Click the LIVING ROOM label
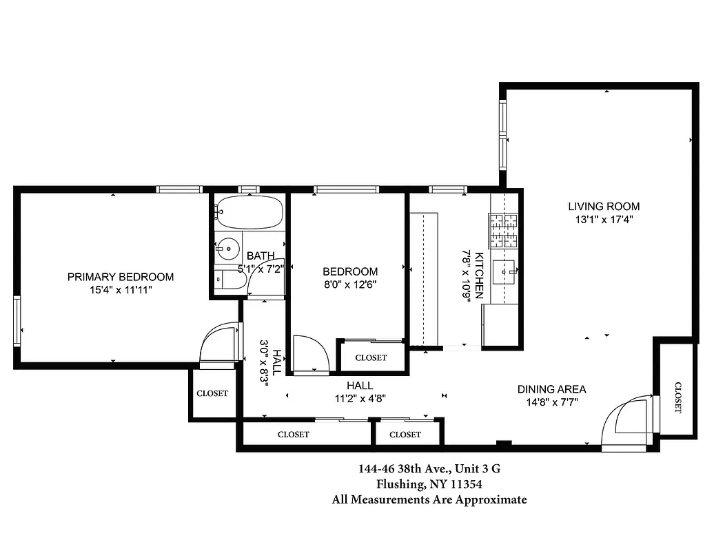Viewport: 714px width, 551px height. coord(603,206)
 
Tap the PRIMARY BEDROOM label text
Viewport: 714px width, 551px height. coord(121,277)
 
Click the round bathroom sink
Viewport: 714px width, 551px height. coord(227,246)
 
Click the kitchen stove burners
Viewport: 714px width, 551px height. coord(503,231)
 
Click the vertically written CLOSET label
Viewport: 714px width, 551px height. coord(677,397)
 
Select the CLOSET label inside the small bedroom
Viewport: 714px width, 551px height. coord(371,358)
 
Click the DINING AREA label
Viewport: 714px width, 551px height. coord(551,390)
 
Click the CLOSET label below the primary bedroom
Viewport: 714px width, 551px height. coord(212,394)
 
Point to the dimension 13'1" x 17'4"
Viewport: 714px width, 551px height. coord(603,220)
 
